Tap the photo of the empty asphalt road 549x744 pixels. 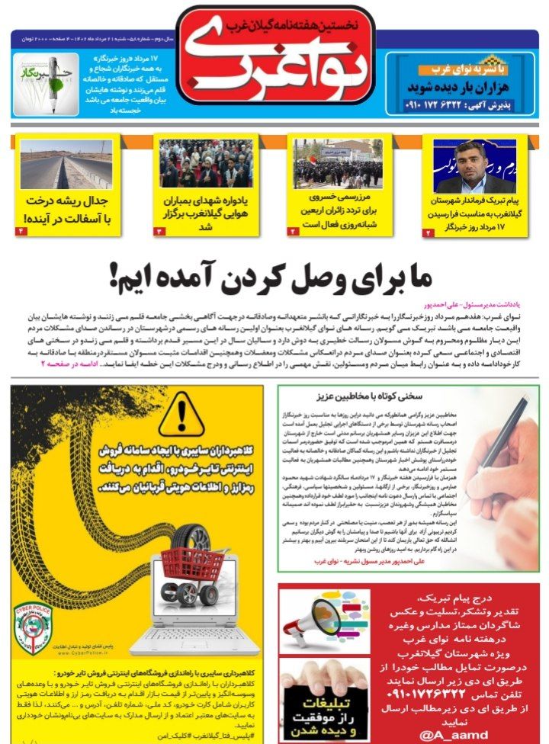pos(67,163)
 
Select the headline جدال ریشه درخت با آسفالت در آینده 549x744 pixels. pos(67,210)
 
